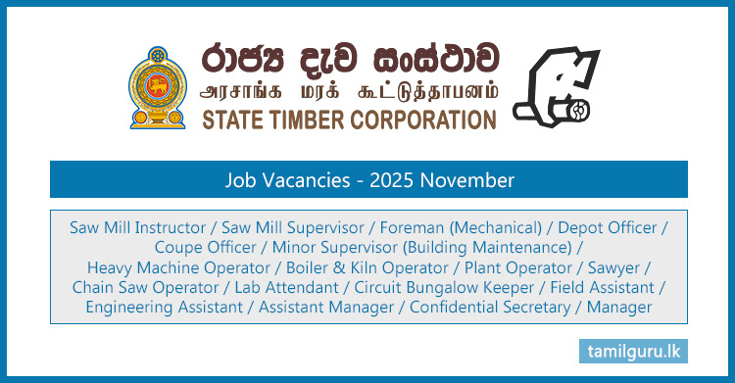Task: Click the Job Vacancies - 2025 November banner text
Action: click(x=367, y=180)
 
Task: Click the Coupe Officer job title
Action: click(x=208, y=248)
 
